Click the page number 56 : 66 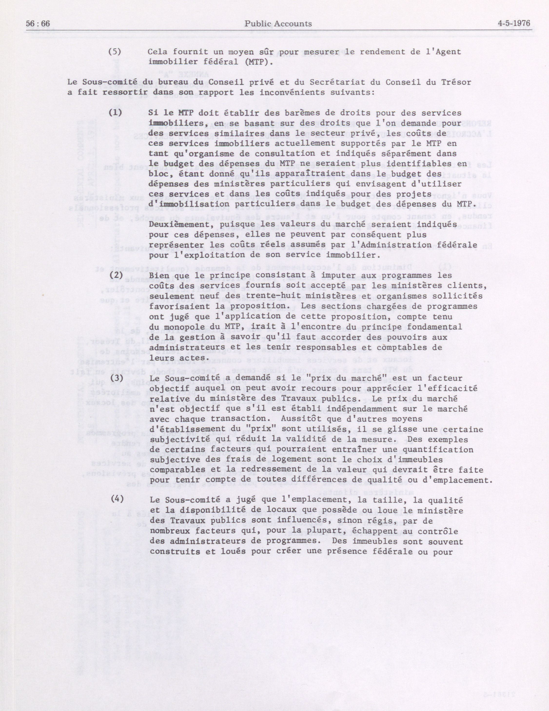39,24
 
